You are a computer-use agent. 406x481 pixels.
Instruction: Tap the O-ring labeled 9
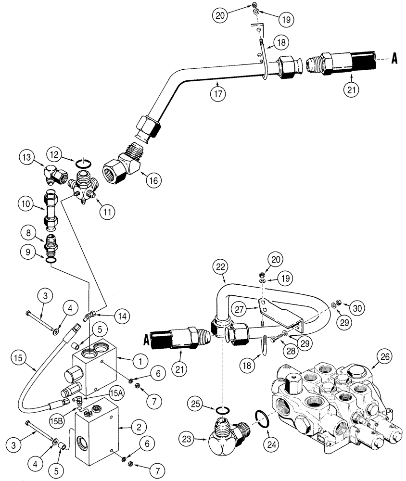click(x=51, y=260)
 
